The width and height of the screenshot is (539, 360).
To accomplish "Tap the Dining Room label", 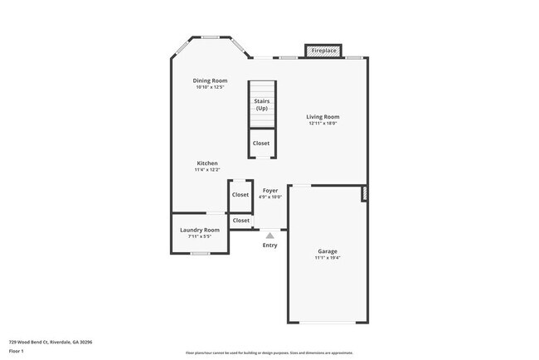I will click(x=211, y=80).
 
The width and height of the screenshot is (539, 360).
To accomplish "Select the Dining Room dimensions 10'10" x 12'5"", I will click(x=211, y=87).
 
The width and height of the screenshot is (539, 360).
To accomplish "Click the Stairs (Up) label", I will click(x=262, y=105).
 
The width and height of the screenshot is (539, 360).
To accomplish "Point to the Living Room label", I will click(x=323, y=117).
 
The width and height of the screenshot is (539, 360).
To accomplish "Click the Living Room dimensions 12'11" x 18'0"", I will click(x=323, y=124).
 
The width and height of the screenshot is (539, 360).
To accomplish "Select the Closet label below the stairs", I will click(x=261, y=143).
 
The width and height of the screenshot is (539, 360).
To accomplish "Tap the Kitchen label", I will click(x=207, y=163).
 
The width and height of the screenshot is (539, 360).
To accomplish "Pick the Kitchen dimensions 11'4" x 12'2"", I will click(x=207, y=170).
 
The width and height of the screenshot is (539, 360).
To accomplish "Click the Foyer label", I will click(x=270, y=190).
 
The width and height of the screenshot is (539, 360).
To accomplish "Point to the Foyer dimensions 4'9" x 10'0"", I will click(x=270, y=197).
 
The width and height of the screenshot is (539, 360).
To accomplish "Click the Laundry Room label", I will click(x=200, y=230).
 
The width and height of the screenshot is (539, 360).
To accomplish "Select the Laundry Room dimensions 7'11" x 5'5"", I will click(x=200, y=237).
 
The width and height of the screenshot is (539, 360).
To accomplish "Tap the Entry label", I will click(x=270, y=245).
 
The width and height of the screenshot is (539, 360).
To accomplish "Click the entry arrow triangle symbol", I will click(x=270, y=236).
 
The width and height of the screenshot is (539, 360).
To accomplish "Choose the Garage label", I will click(x=328, y=251).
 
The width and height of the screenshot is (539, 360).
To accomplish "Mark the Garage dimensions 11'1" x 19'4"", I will click(x=328, y=257).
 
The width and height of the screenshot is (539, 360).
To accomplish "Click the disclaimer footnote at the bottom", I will click(x=269, y=353).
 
